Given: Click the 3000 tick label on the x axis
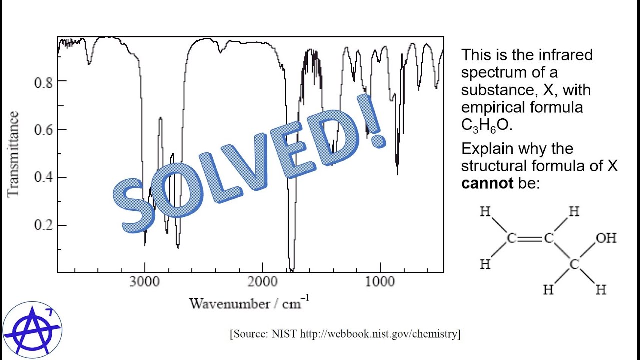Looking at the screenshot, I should tap(145, 281).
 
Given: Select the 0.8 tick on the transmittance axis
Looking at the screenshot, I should tap(43, 81).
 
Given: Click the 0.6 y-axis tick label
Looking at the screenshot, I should tap(43, 130).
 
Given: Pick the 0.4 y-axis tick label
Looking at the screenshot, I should tap(43, 178).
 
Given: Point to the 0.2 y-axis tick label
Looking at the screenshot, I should tap(43, 226).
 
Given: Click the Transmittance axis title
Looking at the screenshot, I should tap(13, 154).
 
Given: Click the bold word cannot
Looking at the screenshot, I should tap(487, 183).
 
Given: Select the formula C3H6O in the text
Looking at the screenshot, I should tap(487, 125).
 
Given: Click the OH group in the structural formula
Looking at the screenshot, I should tap(606, 238).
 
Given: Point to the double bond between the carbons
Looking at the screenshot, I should tap(530, 238).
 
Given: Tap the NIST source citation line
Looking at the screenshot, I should tap(345, 334).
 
